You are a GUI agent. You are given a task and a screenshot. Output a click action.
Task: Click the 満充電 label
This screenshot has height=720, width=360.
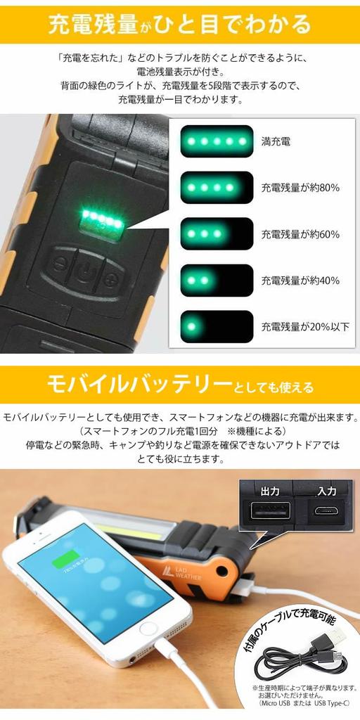pos(276,141)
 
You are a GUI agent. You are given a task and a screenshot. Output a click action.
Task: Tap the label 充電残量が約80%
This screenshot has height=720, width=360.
pos(300,188)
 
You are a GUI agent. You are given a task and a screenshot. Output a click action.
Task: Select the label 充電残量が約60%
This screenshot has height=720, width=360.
pos(300,234)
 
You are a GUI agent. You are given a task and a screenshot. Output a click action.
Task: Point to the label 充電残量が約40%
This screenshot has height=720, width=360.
pos(300,280)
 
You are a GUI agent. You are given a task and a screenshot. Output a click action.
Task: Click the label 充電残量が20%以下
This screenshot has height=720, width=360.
pos(305,326)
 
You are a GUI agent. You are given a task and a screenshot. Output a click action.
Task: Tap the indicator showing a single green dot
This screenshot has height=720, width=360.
pos(217,326)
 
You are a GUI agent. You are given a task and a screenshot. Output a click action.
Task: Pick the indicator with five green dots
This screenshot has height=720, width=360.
pos(217,141)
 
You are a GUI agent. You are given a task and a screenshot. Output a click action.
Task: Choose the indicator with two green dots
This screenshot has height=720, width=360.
pos(217,280)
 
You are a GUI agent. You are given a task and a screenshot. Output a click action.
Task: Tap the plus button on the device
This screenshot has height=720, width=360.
pos(110,277)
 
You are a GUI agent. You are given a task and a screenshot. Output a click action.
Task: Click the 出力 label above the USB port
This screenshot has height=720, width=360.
pos(269,491)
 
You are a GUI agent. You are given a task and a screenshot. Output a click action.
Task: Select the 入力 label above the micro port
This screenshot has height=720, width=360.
pos(326,491)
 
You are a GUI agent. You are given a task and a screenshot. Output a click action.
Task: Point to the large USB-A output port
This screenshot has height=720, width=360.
pos(270,510)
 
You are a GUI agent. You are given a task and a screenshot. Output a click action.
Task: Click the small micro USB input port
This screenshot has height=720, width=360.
pos(326,511)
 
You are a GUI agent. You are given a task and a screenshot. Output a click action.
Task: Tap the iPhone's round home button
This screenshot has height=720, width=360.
pos(148,629)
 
